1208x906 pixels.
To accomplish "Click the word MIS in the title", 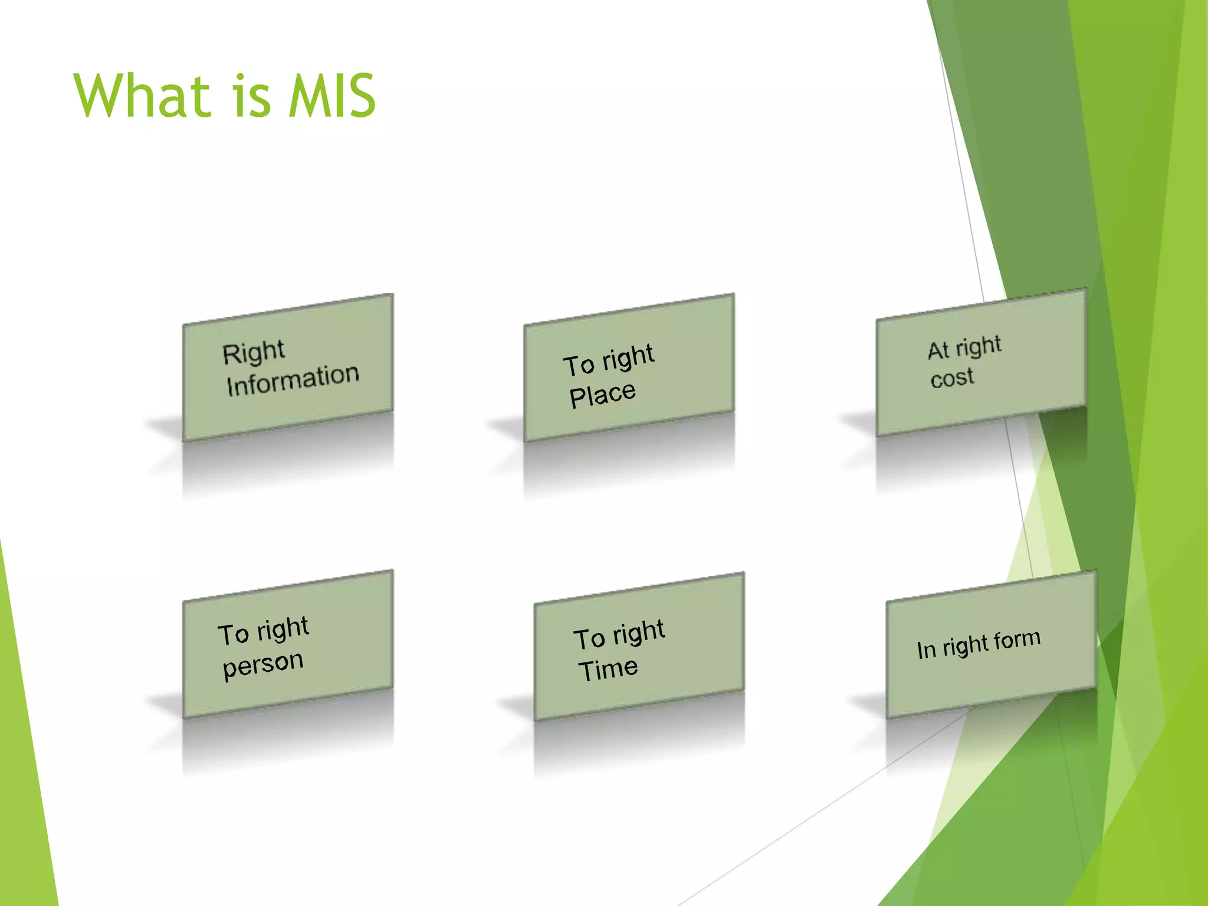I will [x=332, y=96].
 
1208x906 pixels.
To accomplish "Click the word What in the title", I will [x=142, y=96].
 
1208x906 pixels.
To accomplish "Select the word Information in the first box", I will [x=293, y=380].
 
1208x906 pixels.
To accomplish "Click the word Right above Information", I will [x=254, y=353].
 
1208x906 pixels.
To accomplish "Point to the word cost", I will [x=952, y=377].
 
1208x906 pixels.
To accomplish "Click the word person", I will [x=263, y=665].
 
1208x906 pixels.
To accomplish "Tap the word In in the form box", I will [x=926, y=650].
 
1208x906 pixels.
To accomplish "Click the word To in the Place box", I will [x=578, y=365].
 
